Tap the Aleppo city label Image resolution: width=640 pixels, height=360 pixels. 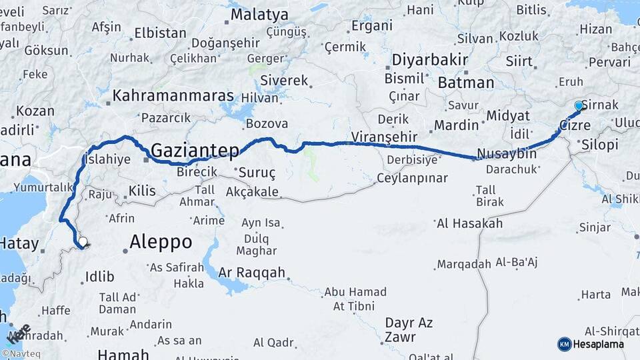pos(161,241)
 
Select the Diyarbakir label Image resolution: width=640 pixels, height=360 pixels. pos(429,59)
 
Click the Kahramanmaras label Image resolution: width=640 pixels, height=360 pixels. pos(173,96)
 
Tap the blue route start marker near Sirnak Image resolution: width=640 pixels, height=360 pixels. pos(578,106)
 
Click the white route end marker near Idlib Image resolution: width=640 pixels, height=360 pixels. pos(83,242)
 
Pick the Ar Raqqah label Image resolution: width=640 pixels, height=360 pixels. pos(253,273)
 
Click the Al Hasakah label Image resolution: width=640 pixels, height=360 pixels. pos(469,223)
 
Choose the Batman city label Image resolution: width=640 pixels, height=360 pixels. pos(466,83)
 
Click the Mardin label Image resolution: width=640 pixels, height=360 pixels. pos(456,125)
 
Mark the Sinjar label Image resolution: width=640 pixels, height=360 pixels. pos(595,227)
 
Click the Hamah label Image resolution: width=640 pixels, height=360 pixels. pos(119,354)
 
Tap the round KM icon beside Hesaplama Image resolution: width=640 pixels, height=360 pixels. pos(565,344)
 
